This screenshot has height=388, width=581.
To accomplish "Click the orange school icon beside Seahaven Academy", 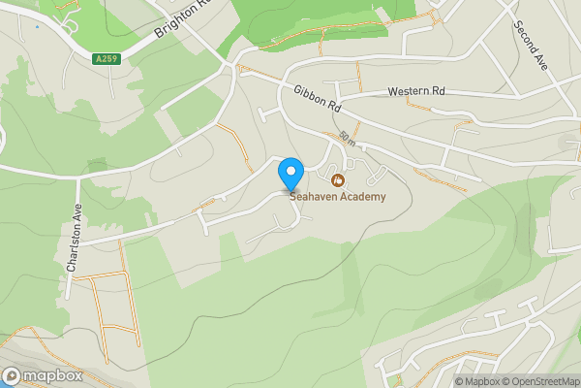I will pyautogui.click(x=338, y=180).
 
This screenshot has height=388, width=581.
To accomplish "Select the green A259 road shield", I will pyautogui.click(x=107, y=59).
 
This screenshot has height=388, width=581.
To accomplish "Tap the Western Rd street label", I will pyautogui.click(x=416, y=91).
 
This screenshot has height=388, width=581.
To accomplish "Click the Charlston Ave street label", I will pyautogui.click(x=72, y=239).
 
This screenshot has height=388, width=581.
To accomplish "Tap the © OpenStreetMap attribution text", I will pyautogui.click(x=535, y=381).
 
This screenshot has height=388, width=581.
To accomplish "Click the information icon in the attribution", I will pyautogui.click(x=433, y=381).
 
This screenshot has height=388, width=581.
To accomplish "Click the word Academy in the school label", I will pyautogui.click(x=363, y=197).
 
